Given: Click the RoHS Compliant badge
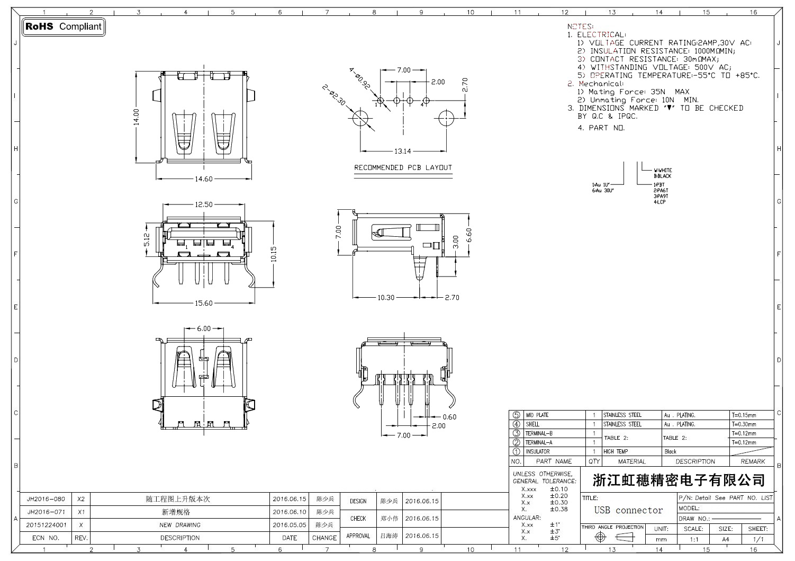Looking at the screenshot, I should click(63, 26).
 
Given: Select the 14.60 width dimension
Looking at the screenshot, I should click(203, 179).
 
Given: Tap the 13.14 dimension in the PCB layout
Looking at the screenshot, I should click(403, 151).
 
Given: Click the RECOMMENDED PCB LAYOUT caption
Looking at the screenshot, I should click(403, 168).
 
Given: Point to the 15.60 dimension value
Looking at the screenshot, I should click(203, 304).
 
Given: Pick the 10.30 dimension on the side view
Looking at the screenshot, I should click(386, 298).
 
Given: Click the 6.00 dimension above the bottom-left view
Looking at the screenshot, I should click(204, 328).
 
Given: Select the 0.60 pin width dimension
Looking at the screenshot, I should click(449, 417).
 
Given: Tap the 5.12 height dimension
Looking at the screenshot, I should click(147, 241).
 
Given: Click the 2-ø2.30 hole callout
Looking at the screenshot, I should click(335, 94).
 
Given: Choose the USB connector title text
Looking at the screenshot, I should click(628, 510).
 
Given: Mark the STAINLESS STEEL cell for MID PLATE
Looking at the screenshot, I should click(622, 415).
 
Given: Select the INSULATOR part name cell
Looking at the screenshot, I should click(537, 452).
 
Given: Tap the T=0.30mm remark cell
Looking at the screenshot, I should click(744, 424).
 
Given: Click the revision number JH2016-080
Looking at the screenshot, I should click(46, 499).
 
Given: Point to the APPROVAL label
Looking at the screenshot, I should click(358, 536).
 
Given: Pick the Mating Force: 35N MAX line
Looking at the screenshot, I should click(633, 92).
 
